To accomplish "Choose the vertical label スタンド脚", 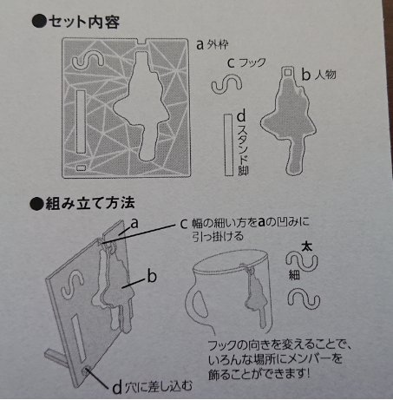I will [x=242, y=144].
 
